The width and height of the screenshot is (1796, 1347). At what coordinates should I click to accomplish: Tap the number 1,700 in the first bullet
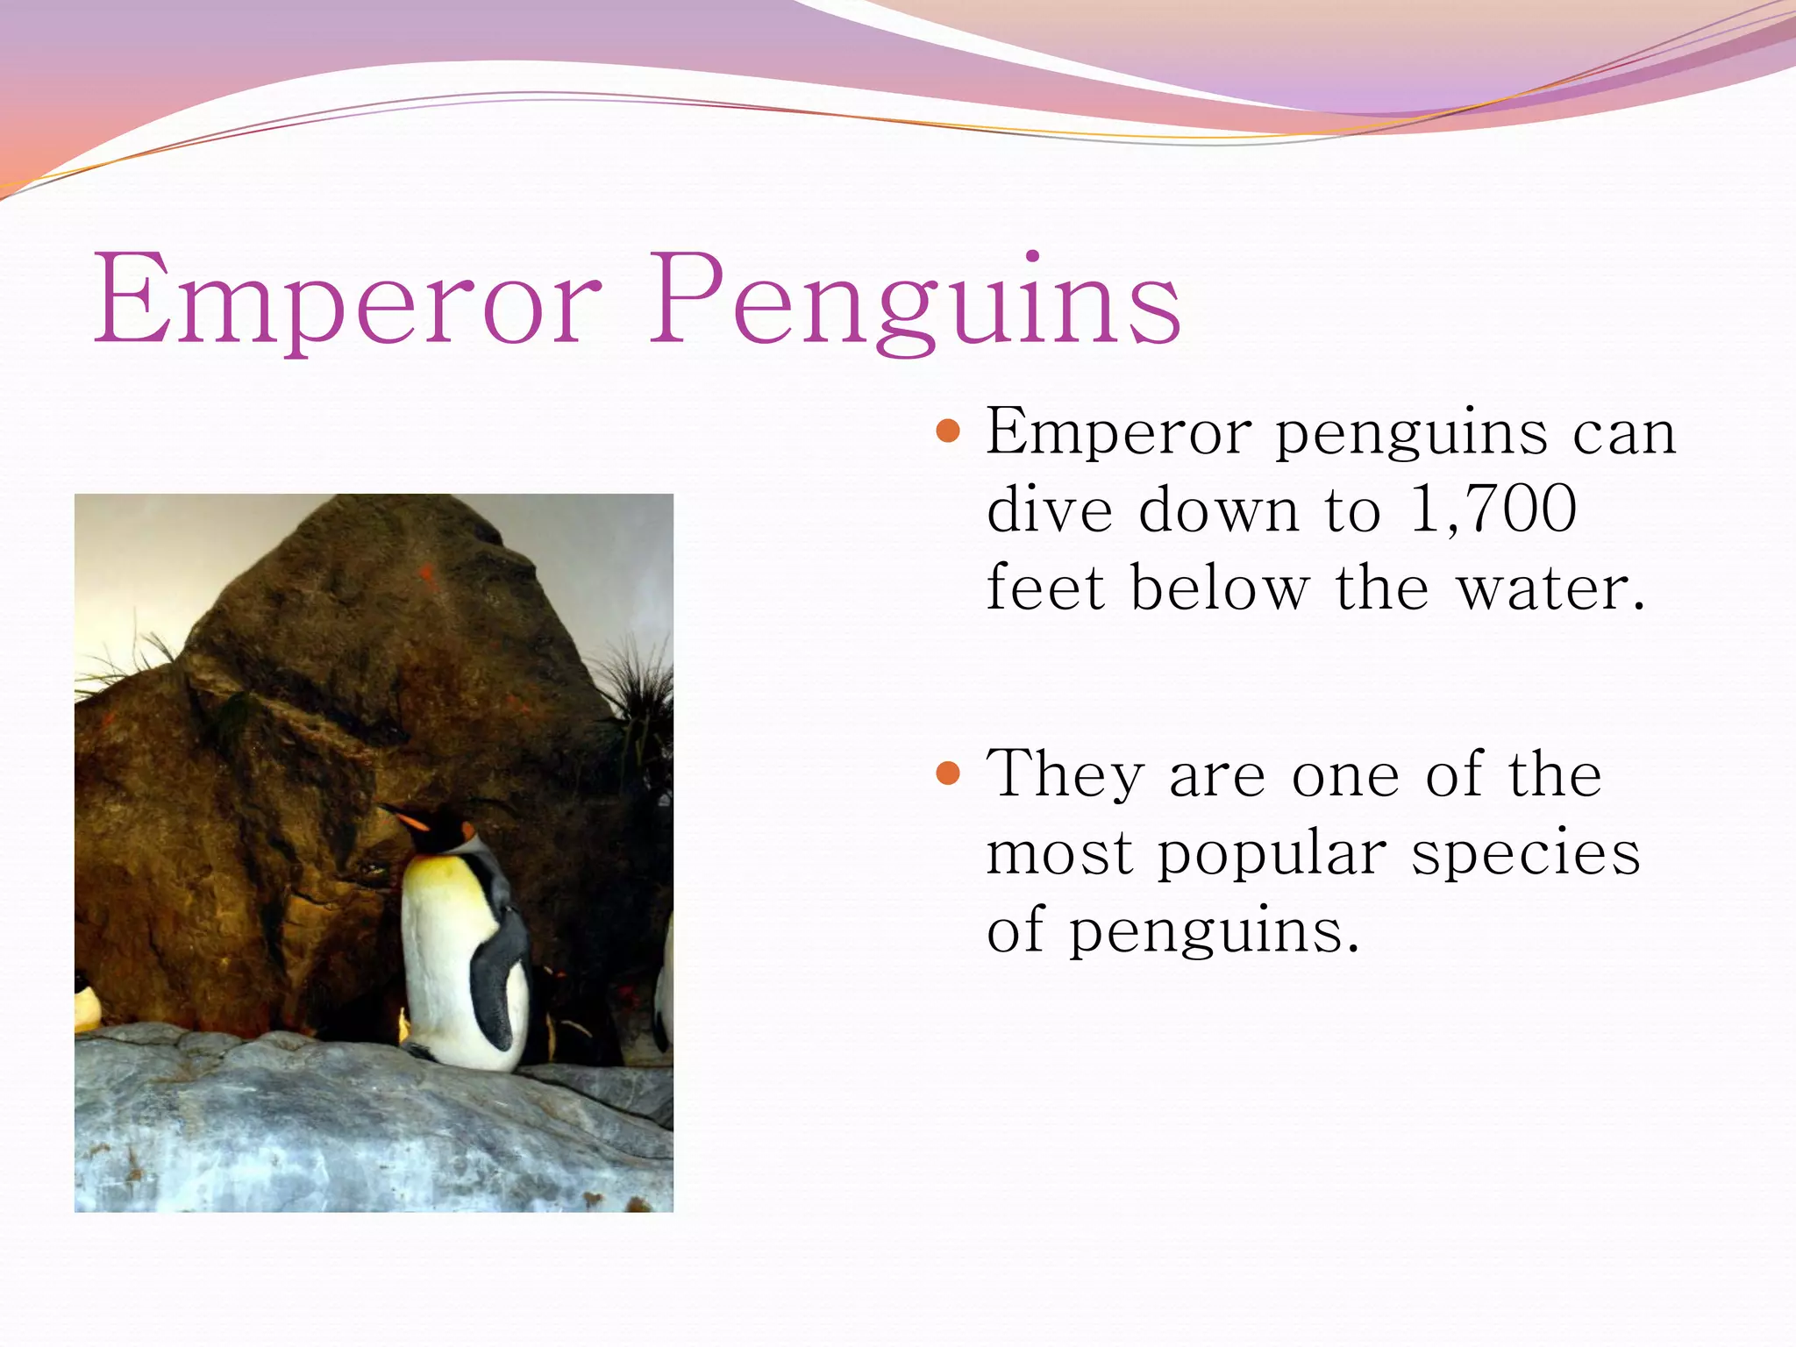pyautogui.click(x=1493, y=510)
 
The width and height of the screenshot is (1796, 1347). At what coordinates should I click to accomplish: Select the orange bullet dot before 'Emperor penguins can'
pyautogui.click(x=948, y=431)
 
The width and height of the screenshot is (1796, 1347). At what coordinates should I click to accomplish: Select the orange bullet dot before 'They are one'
pyautogui.click(x=948, y=773)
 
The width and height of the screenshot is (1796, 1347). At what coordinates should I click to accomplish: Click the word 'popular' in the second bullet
pyautogui.click(x=1272, y=853)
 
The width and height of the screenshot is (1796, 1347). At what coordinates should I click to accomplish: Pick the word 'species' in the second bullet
pyautogui.click(x=1526, y=853)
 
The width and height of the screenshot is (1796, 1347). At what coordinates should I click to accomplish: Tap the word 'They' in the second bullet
pyautogui.click(x=1065, y=773)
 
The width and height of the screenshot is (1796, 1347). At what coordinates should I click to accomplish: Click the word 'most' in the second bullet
pyautogui.click(x=1059, y=853)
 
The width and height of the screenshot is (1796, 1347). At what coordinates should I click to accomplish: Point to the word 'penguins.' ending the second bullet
pyautogui.click(x=1215, y=932)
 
